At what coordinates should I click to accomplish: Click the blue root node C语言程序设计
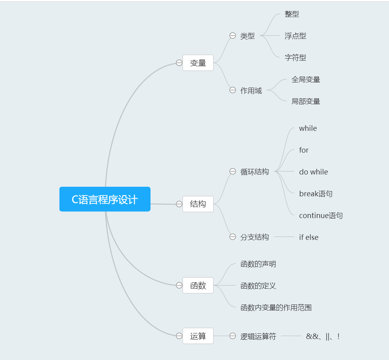[x=105, y=199]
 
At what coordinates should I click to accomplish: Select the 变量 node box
[x=198, y=63]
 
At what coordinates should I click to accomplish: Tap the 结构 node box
[x=198, y=204]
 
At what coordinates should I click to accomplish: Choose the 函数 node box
[x=198, y=285]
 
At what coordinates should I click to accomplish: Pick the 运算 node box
[x=198, y=336]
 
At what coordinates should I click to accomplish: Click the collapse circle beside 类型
[x=233, y=36]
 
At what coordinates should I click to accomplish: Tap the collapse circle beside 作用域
[x=233, y=90]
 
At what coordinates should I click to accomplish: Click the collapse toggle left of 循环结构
[x=233, y=171]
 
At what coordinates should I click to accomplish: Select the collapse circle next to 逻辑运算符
[x=233, y=336]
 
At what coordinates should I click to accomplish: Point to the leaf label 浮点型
[x=296, y=36]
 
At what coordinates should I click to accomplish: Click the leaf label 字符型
[x=296, y=57]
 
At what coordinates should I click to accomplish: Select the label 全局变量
[x=306, y=79]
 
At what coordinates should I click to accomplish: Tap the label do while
[x=314, y=172]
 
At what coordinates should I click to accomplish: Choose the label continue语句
[x=321, y=216]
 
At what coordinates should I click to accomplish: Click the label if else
[x=309, y=237]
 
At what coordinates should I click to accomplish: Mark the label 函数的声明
[x=258, y=264]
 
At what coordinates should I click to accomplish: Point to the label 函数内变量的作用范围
[x=276, y=308]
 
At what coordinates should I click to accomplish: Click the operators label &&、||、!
[x=323, y=337]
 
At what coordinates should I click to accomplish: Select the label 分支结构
[x=255, y=237]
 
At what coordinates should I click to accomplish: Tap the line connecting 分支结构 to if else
[x=284, y=237]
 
